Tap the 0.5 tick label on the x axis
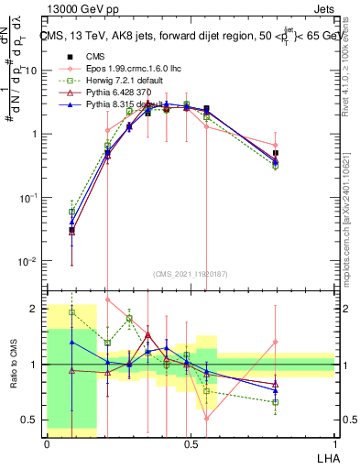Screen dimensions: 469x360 190,443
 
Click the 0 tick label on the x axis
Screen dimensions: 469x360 47,443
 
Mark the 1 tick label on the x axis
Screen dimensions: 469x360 333,443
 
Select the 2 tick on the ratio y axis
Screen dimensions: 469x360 38,309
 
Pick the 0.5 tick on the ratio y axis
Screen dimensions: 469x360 33,420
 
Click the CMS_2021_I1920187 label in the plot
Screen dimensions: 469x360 190,274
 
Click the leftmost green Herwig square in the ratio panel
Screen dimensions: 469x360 72,312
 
